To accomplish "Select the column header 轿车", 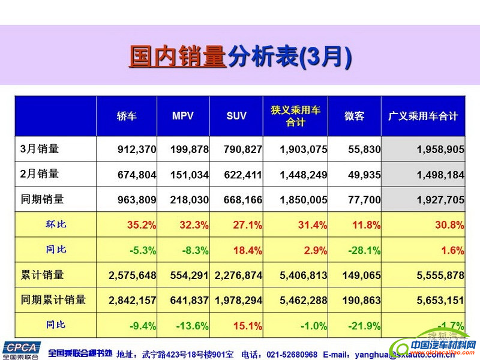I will (x=127, y=116).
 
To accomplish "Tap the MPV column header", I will (x=183, y=116).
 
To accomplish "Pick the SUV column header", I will (x=236, y=116).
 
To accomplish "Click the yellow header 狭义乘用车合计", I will (x=296, y=116).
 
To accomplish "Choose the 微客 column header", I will (x=354, y=116).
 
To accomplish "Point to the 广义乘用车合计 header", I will (x=423, y=116).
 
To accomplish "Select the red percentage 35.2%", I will (x=142, y=225).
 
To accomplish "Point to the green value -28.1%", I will (x=365, y=250).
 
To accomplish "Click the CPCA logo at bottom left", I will (x=20, y=350).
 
